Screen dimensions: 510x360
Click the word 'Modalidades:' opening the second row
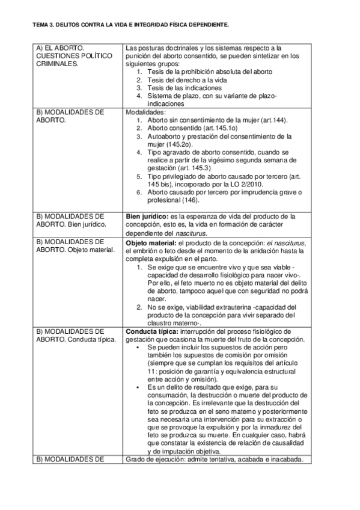145,112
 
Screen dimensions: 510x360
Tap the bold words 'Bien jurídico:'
147,216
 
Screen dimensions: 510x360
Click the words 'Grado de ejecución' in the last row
155,460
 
